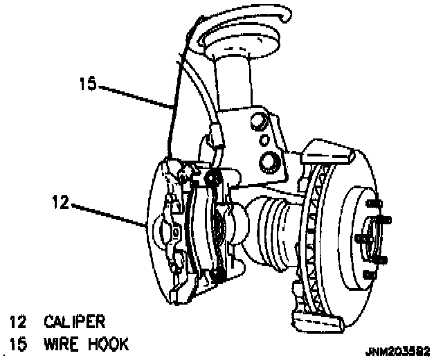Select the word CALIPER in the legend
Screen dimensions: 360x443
(74, 321)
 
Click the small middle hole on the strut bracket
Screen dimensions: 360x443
(265, 141)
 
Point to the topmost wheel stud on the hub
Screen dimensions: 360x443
(375, 204)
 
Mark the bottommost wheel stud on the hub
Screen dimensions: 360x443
(379, 261)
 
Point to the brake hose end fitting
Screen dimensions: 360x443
(215, 137)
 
